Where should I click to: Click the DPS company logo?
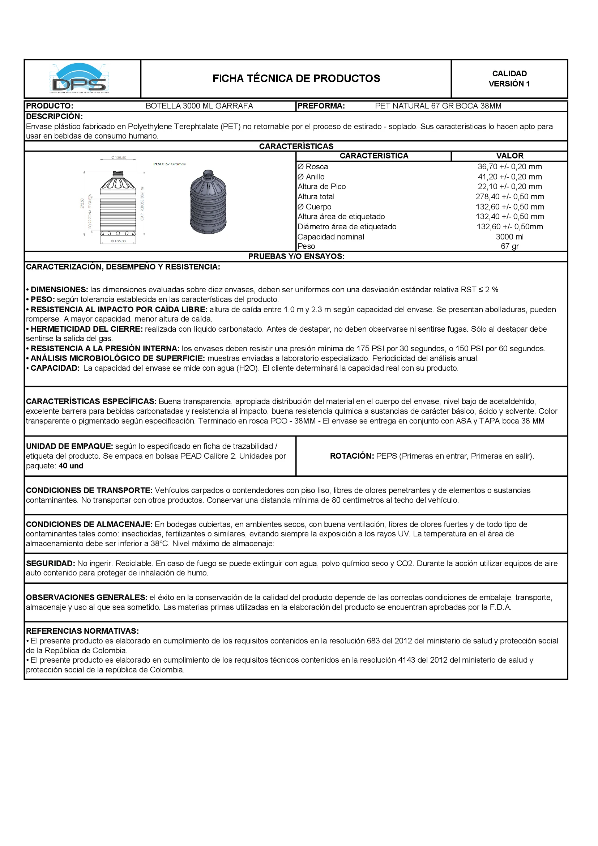pos(79,79)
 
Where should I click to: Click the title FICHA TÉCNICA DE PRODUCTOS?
pos(296,78)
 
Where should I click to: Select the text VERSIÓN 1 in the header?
pos(509,84)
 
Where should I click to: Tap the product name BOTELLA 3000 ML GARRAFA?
pos(199,106)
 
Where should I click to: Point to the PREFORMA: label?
pos(321,106)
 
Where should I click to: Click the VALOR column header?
pos(509,156)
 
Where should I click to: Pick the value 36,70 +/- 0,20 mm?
pos(509,167)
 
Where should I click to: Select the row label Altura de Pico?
pos(321,187)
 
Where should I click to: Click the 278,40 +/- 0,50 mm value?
pos(509,197)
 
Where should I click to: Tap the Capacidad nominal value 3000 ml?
pos(509,237)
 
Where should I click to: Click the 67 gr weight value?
pos(509,246)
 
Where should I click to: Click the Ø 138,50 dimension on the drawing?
pos(119,158)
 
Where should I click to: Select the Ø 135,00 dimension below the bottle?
pos(118,241)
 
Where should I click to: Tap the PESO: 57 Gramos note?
pos(169,164)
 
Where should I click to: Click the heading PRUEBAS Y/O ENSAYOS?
pos(296,256)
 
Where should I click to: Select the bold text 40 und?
pos(71,466)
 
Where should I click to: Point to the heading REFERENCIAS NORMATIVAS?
pos(82,631)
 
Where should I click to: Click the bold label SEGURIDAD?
pos(51,564)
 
